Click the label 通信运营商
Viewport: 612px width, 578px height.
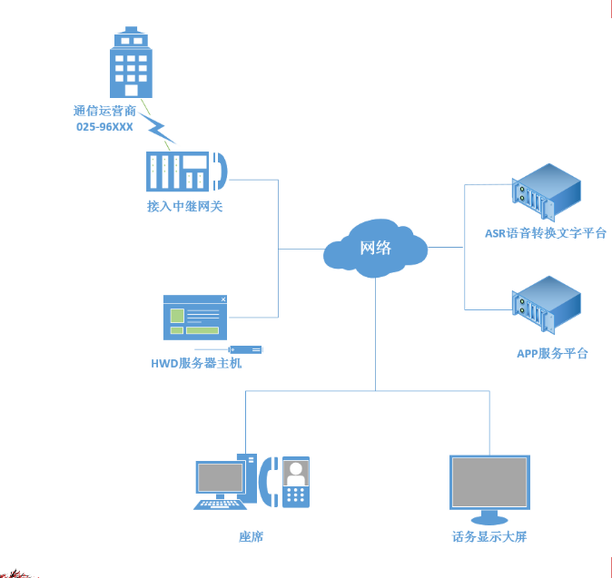pyautogui.click(x=104, y=112)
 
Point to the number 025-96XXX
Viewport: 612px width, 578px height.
pyautogui.click(x=104, y=127)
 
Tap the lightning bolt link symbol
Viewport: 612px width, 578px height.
pyautogui.click(x=159, y=126)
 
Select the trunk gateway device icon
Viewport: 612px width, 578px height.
pyautogui.click(x=186, y=170)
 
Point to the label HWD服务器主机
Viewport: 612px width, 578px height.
pyautogui.click(x=196, y=364)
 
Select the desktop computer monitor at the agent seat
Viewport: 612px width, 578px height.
pyautogui.click(x=221, y=478)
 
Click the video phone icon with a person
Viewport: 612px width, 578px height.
pyautogui.click(x=294, y=481)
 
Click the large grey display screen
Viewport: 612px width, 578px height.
pyautogui.click(x=490, y=483)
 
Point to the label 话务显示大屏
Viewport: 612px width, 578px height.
pyautogui.click(x=489, y=536)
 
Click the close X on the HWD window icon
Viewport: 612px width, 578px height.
pyautogui.click(x=222, y=299)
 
